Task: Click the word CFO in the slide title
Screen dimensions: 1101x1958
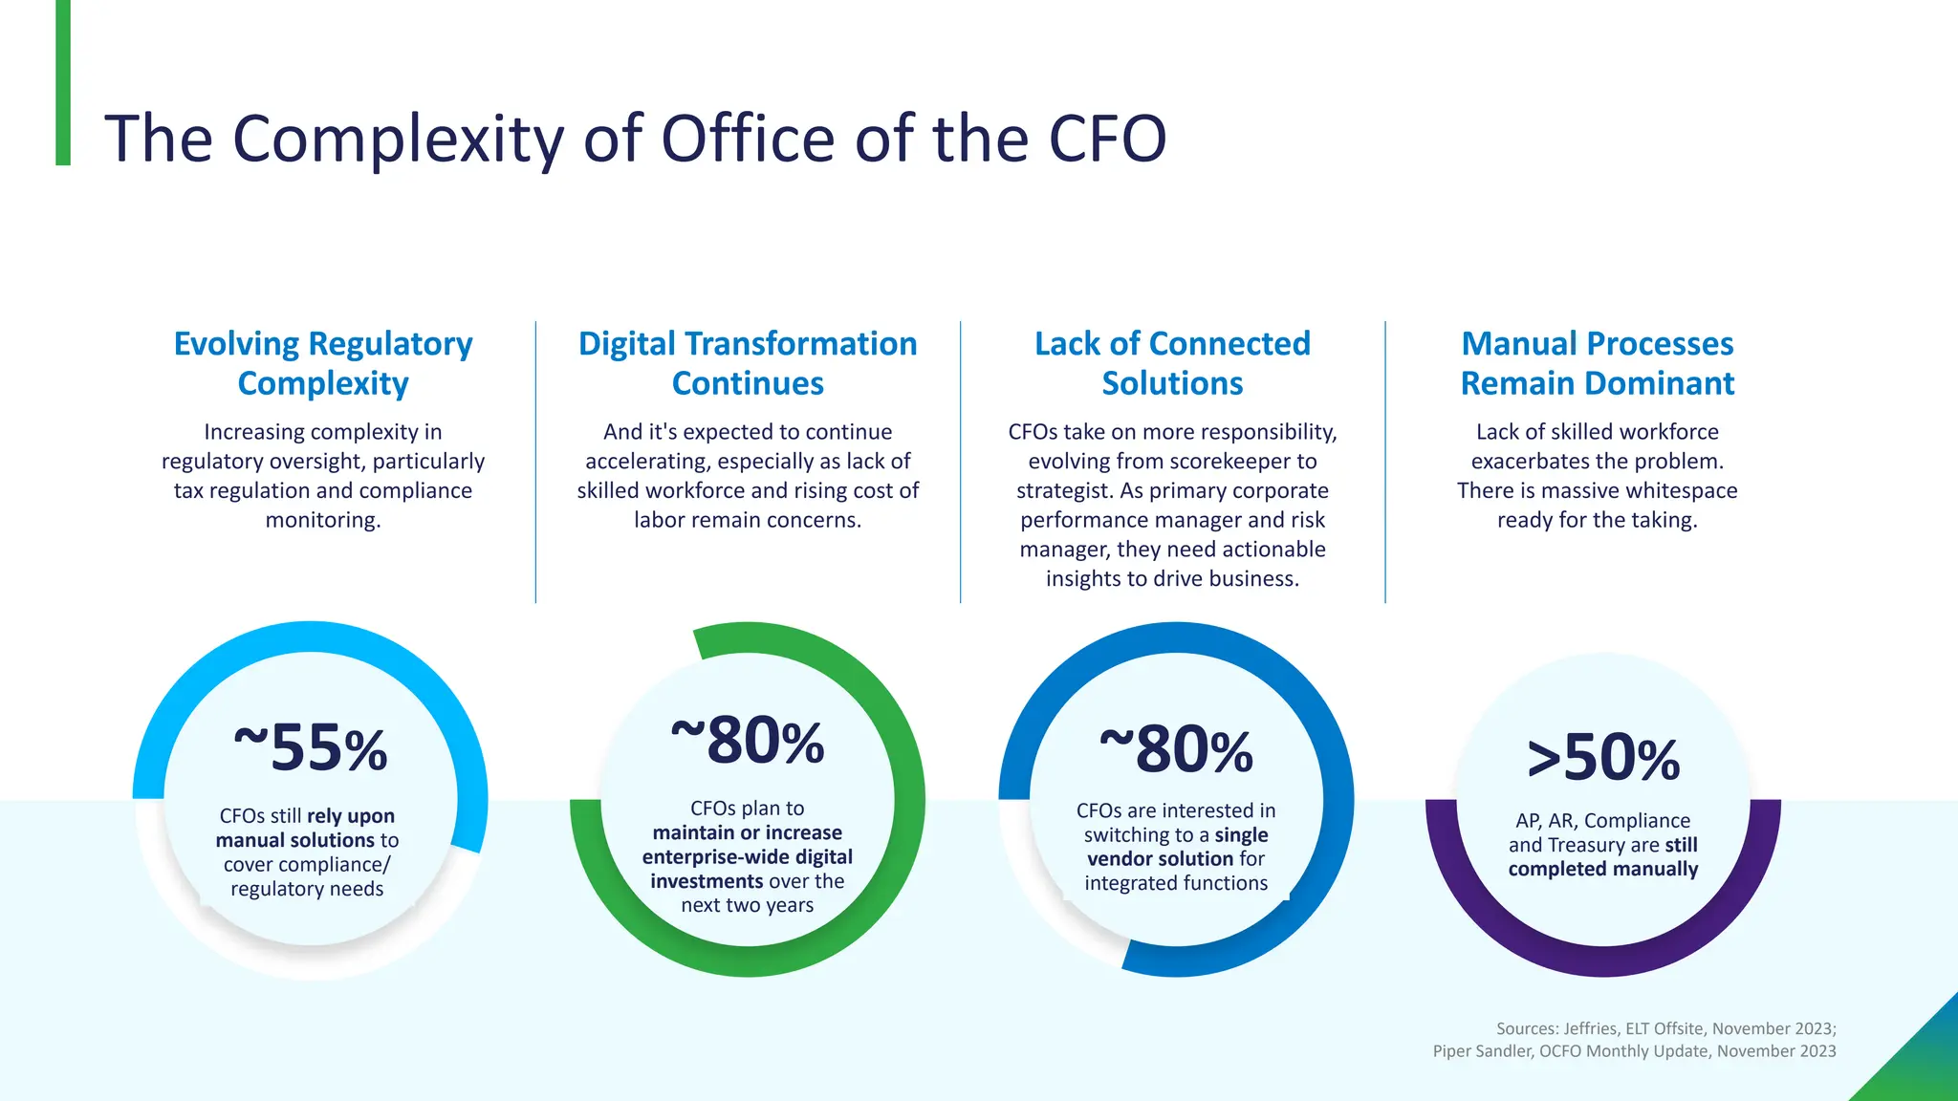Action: click(x=1107, y=140)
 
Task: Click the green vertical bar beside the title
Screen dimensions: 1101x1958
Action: click(x=63, y=83)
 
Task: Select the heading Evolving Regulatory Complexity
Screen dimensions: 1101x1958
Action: click(x=323, y=363)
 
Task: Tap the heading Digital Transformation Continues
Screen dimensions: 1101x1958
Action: click(x=748, y=363)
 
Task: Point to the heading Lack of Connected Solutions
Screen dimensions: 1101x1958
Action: click(x=1172, y=363)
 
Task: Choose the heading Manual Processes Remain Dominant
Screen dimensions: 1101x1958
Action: click(x=1597, y=363)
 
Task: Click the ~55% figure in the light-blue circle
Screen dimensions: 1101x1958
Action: click(x=311, y=747)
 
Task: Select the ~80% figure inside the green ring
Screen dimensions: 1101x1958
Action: click(x=748, y=741)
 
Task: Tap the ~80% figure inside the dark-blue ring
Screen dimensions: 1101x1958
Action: click(x=1176, y=749)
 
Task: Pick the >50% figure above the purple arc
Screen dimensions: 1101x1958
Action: click(x=1603, y=758)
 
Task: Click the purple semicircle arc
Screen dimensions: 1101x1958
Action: click(x=1603, y=960)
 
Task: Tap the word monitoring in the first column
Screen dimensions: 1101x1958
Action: click(x=322, y=521)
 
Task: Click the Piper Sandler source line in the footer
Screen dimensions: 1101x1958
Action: click(x=1634, y=1051)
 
